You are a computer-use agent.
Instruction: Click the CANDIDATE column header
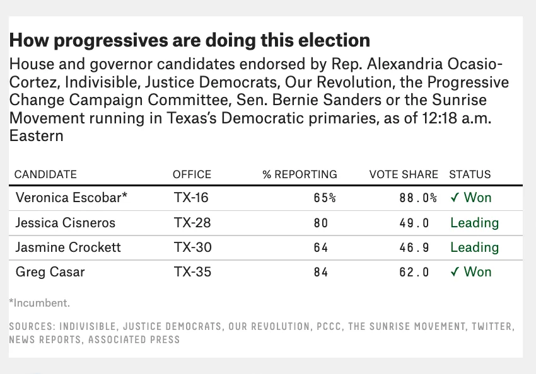tap(45, 174)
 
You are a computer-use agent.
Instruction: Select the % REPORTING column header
tap(300, 174)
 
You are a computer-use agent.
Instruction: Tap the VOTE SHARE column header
tap(404, 174)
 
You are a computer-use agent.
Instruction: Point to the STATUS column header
tap(470, 174)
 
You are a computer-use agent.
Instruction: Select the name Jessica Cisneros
tap(66, 223)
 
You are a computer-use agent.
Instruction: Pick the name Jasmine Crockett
tap(68, 247)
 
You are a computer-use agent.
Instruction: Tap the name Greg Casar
tap(50, 272)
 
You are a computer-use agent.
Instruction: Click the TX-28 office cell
tap(192, 223)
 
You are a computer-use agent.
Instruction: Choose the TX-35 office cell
tap(192, 272)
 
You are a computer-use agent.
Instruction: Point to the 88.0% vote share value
tap(418, 198)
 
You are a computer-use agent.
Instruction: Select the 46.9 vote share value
tap(414, 247)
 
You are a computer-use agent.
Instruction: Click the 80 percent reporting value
tap(321, 223)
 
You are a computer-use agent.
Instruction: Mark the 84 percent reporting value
tap(321, 272)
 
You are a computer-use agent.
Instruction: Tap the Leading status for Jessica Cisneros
tap(474, 223)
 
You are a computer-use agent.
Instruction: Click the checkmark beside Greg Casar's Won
tap(455, 272)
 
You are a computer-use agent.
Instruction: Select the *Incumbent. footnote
tap(40, 303)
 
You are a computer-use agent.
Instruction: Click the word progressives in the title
tap(111, 40)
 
